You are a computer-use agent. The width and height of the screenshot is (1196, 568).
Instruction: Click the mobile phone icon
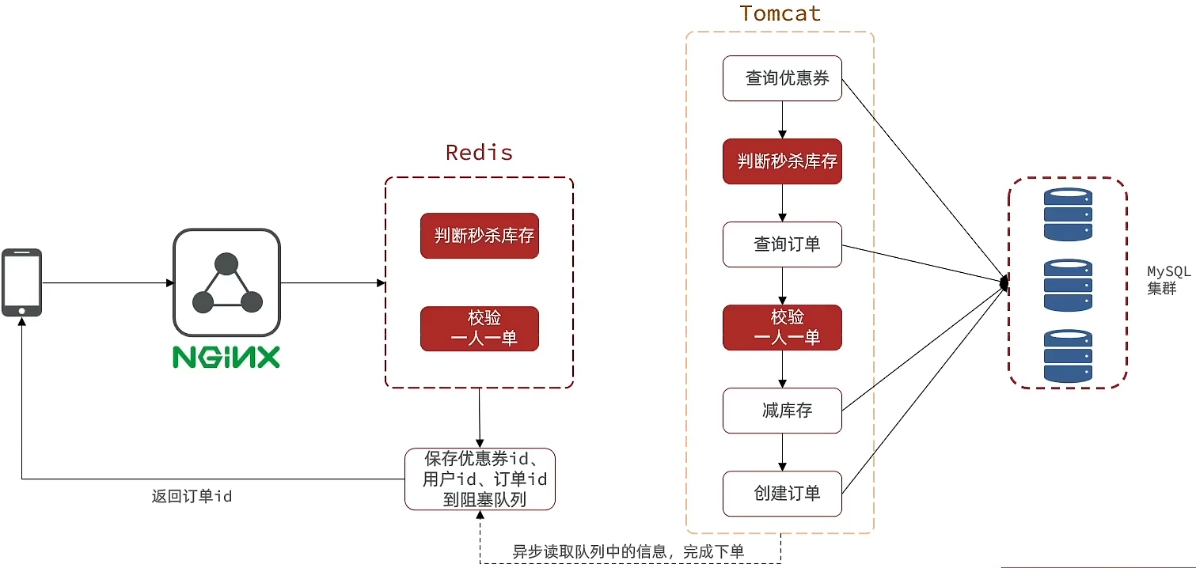[21, 282]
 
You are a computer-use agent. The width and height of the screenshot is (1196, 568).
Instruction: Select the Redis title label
[479, 152]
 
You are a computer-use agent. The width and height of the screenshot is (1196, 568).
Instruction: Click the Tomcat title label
[780, 13]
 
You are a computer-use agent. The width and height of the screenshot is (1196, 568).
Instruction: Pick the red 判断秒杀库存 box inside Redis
[480, 236]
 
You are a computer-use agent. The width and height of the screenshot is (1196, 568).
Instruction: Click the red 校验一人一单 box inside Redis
[480, 328]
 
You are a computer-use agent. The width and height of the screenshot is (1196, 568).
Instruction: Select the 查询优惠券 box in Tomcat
[782, 78]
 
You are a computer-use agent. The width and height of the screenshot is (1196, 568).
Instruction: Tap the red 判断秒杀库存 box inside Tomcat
[782, 161]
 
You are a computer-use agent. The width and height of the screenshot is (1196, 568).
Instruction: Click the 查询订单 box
[782, 244]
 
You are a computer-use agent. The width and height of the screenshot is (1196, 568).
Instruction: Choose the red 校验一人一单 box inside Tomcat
[782, 328]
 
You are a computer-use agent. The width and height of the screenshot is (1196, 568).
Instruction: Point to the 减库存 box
[782, 411]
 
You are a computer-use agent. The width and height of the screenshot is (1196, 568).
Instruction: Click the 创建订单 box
[782, 494]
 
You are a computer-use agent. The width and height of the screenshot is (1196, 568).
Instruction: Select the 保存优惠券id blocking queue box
[480, 479]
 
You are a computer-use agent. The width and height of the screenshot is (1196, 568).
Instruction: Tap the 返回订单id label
[192, 497]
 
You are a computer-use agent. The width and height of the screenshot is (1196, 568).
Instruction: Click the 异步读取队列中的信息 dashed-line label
[628, 551]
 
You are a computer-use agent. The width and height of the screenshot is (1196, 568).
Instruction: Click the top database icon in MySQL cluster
[1067, 214]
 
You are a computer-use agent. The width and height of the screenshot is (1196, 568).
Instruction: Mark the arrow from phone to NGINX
[108, 283]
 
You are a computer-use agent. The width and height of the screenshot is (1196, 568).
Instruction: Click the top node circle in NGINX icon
[226, 263]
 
